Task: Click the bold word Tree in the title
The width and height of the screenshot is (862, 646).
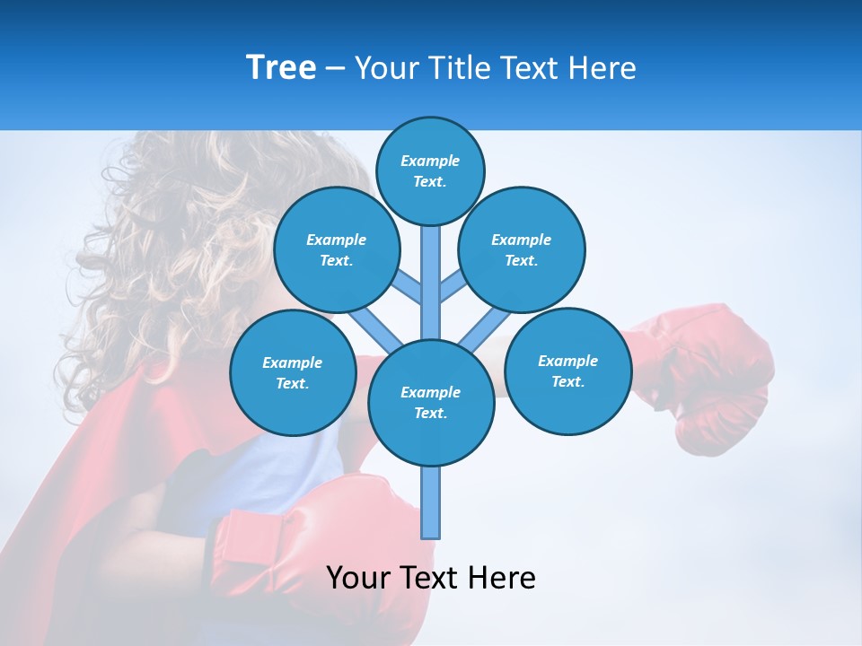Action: tap(281, 68)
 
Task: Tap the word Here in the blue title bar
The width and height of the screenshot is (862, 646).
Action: tap(602, 68)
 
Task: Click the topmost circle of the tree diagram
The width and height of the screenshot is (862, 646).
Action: tap(430, 170)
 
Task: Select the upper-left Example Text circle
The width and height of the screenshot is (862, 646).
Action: tap(337, 249)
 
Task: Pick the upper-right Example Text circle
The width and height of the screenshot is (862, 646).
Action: tap(522, 249)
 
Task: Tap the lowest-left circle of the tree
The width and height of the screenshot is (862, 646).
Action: tap(293, 372)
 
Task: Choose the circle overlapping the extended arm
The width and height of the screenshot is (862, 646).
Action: tap(568, 371)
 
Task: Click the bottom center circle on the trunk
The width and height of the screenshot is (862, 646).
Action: tap(431, 402)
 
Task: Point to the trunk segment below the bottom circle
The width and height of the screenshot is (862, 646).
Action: tap(431, 502)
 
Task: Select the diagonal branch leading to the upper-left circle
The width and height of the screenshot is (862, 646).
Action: tap(406, 286)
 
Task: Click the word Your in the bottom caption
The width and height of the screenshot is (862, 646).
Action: tap(358, 578)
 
